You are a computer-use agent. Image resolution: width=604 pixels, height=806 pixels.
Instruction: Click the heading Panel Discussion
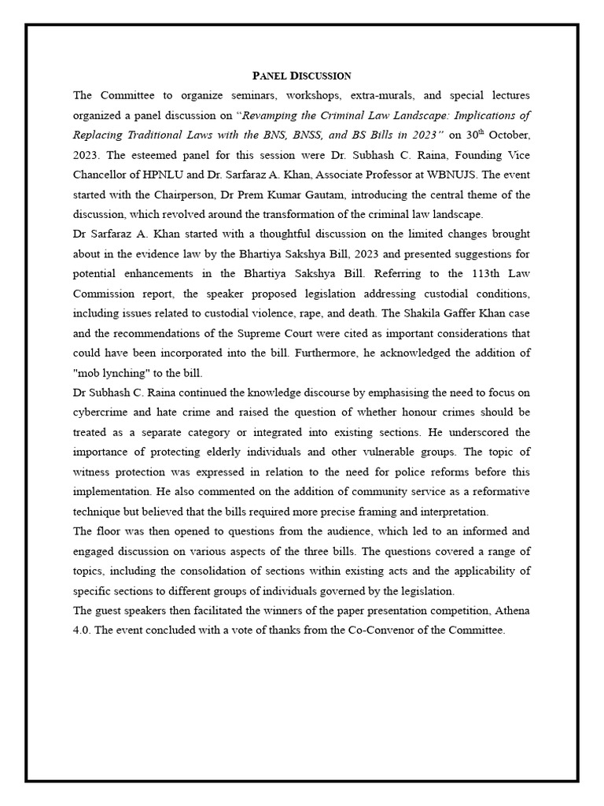[301, 76]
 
